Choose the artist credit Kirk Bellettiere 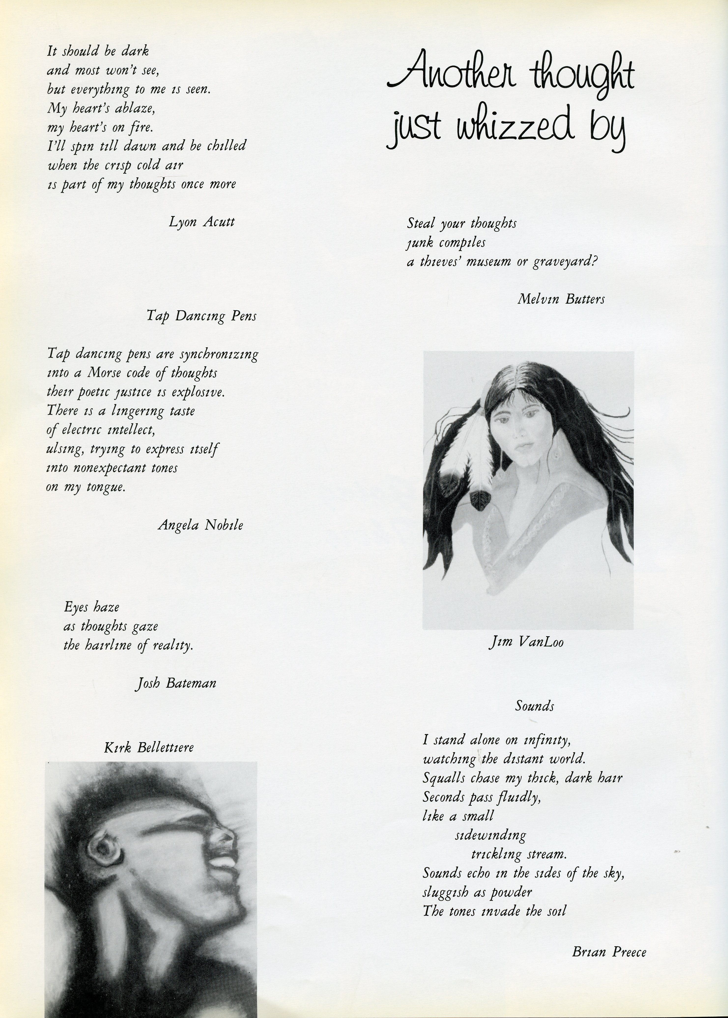pos(149,747)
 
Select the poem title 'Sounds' pos(534,707)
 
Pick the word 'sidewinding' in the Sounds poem pos(490,835)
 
